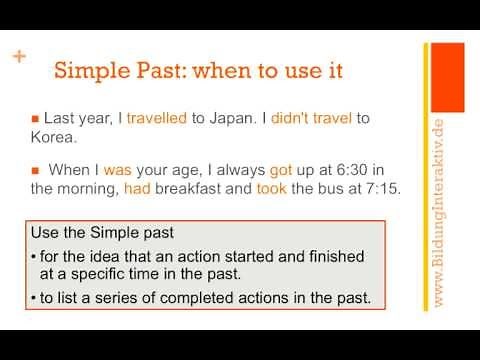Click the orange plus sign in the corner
18,56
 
